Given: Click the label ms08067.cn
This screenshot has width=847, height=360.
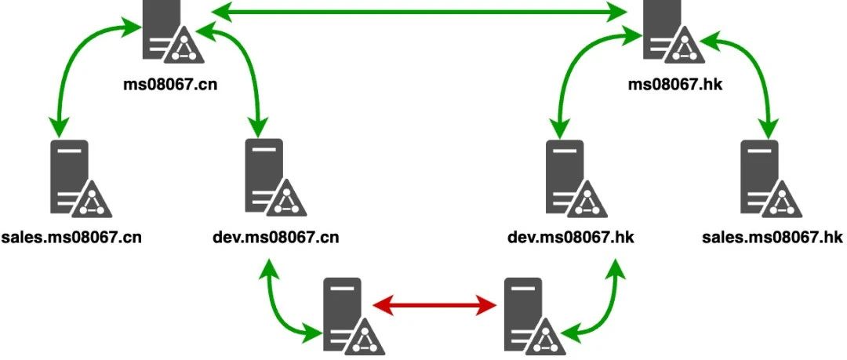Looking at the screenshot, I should pos(169,82).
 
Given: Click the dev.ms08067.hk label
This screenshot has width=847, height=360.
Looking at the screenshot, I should pos(571,236).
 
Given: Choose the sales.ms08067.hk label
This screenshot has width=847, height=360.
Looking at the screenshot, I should pos(772,236).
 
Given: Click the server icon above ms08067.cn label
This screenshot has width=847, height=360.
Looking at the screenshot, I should pos(167,31).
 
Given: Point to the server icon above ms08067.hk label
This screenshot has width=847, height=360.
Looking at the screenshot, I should pos(668,31).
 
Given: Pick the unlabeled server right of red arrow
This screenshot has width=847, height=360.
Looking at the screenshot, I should pos(528,316).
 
